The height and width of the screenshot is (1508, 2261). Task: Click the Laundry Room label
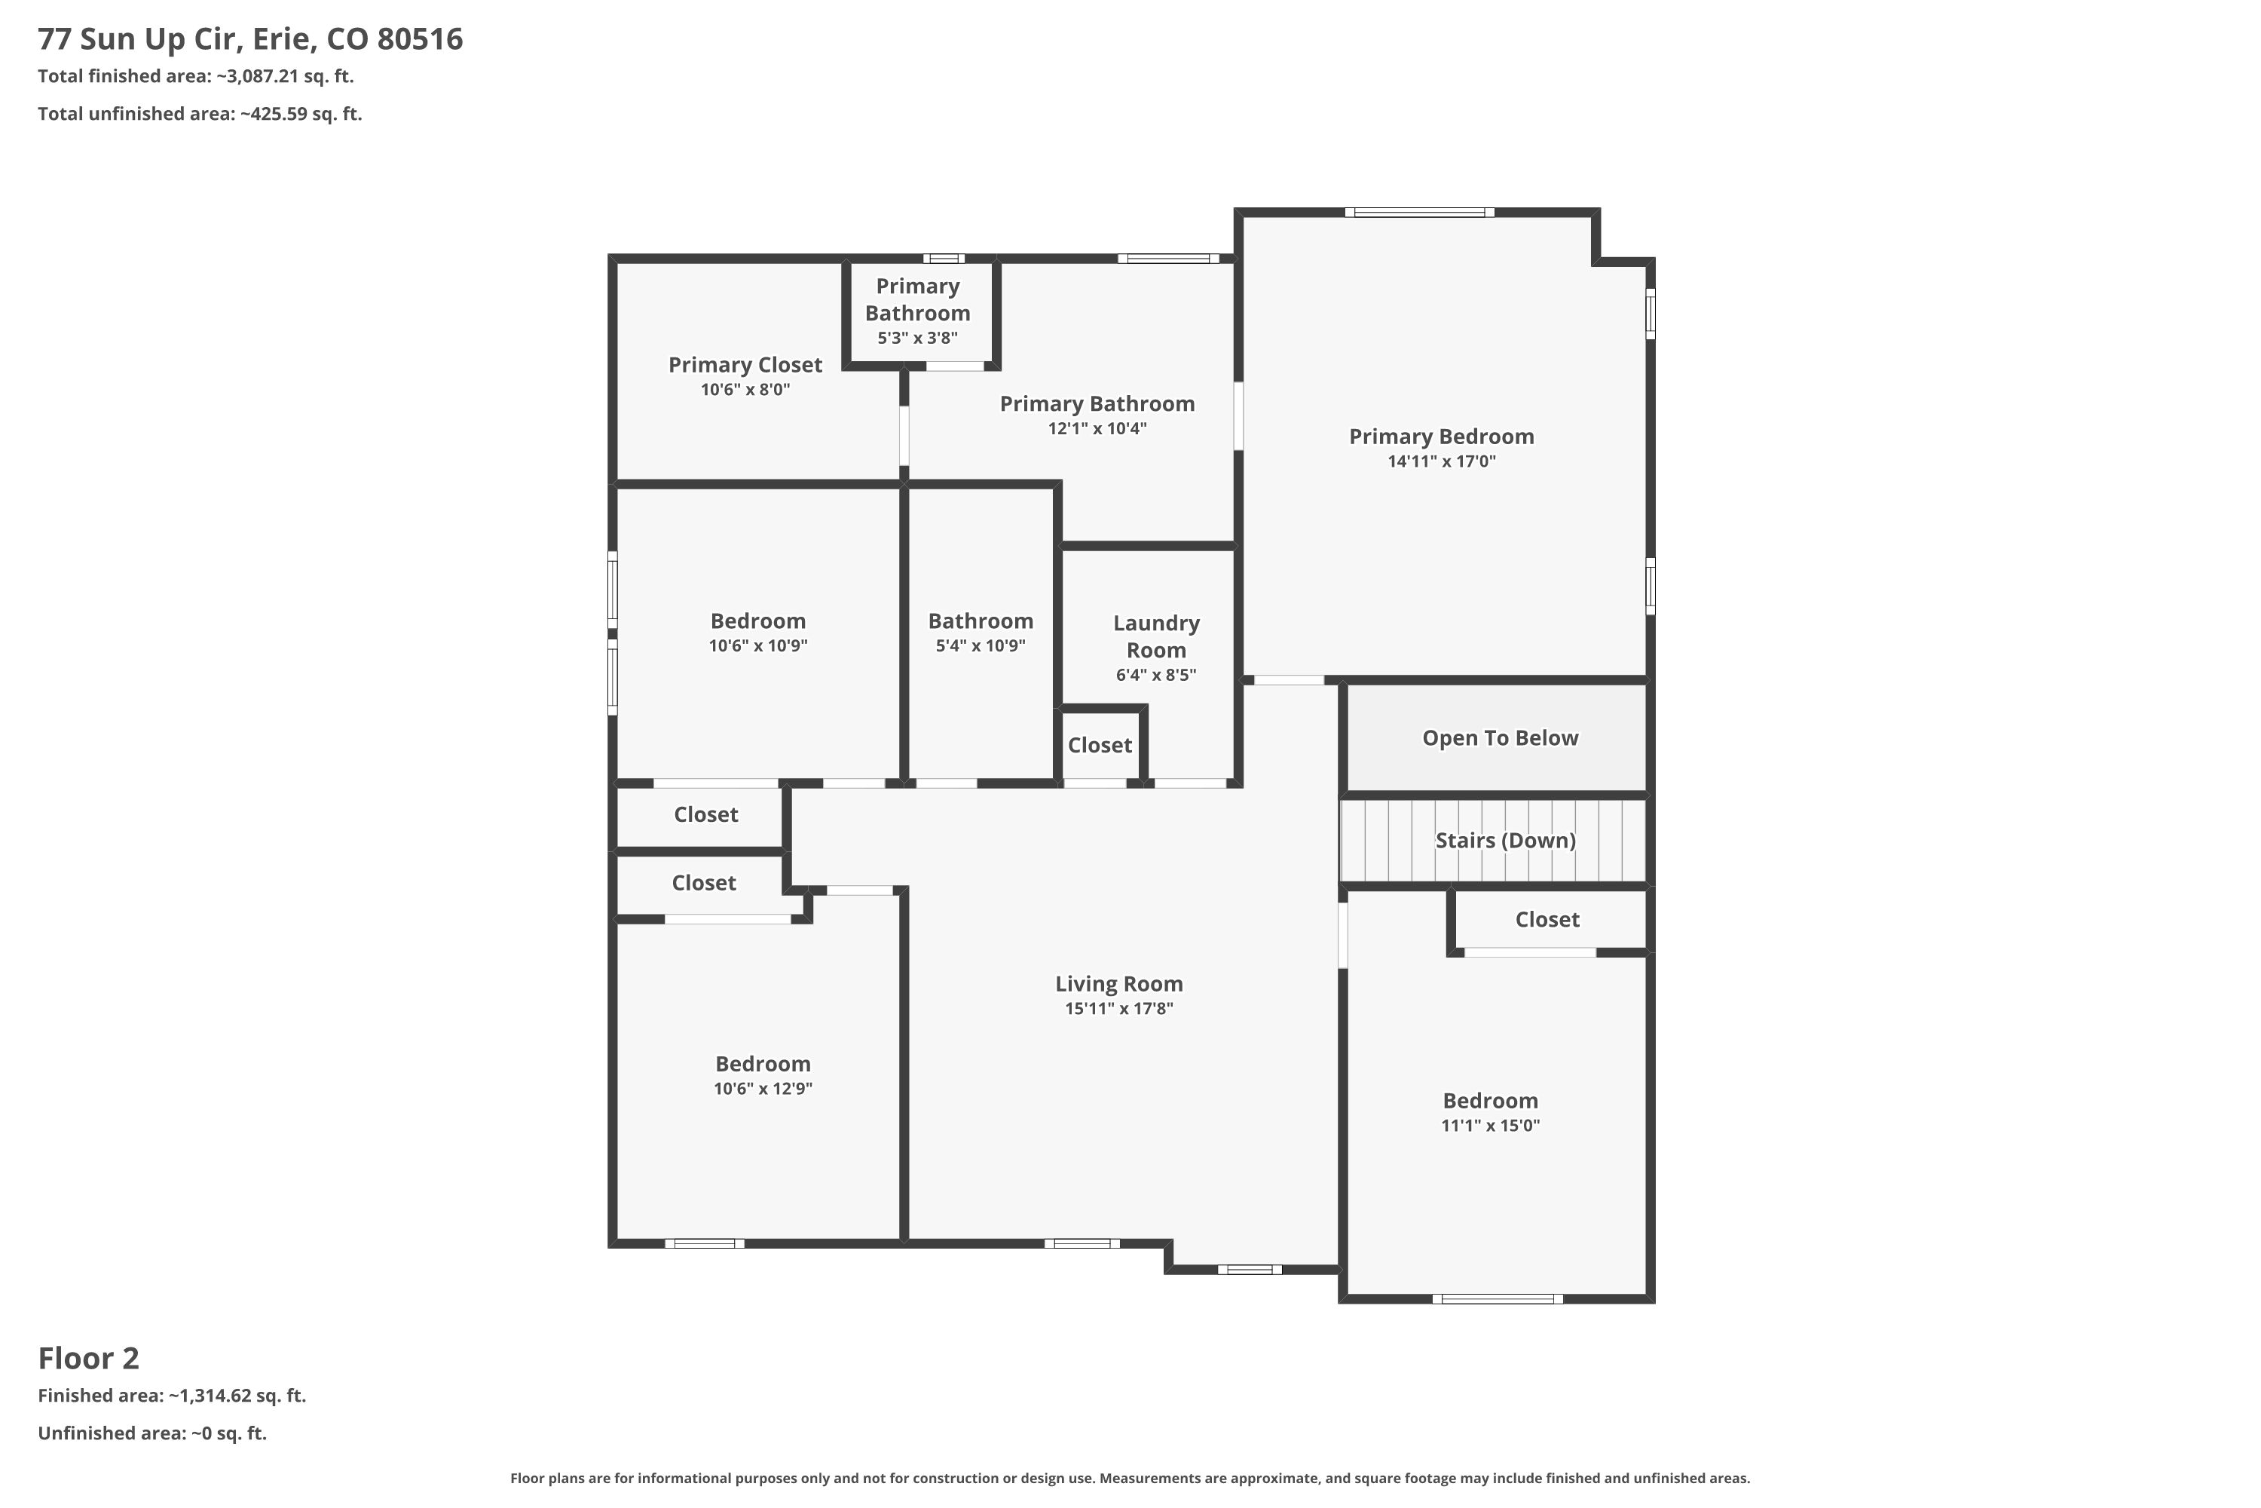click(1156, 636)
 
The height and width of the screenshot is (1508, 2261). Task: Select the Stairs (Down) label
click(1505, 841)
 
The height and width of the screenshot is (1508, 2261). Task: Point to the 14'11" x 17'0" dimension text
click(1441, 461)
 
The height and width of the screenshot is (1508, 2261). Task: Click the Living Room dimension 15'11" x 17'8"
click(1119, 1009)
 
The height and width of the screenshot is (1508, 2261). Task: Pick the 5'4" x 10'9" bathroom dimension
click(981, 646)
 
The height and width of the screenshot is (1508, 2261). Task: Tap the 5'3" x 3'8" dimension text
click(917, 339)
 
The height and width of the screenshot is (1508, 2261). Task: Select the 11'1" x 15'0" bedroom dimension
click(1490, 1126)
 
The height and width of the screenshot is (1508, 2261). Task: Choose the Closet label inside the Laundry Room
click(1100, 746)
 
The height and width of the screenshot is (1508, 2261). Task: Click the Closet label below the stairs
click(1547, 919)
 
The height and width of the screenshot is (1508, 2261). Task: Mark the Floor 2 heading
click(88, 1359)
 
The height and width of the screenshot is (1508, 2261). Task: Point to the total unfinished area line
click(200, 114)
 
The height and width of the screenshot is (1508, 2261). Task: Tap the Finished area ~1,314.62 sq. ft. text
click(172, 1396)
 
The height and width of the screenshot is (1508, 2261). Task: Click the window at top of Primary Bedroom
click(1419, 213)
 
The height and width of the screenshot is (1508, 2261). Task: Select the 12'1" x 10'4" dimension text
click(1097, 429)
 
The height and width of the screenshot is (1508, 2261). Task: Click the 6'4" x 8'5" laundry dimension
click(1155, 675)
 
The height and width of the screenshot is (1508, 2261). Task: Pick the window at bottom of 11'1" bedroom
click(1497, 1299)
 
